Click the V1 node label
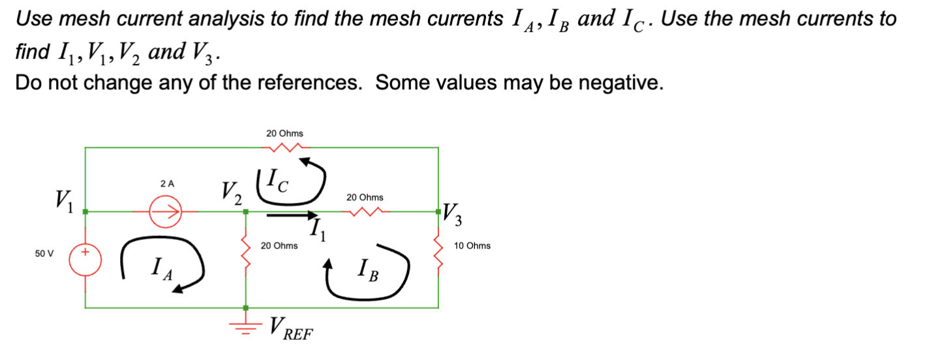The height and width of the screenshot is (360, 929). coord(65,200)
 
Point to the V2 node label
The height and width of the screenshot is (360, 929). coord(231,192)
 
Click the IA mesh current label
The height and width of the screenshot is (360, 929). coord(160,268)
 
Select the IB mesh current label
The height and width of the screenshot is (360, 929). coord(368,270)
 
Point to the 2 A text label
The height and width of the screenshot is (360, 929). coord(168,184)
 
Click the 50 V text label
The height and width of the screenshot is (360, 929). coord(44,252)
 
